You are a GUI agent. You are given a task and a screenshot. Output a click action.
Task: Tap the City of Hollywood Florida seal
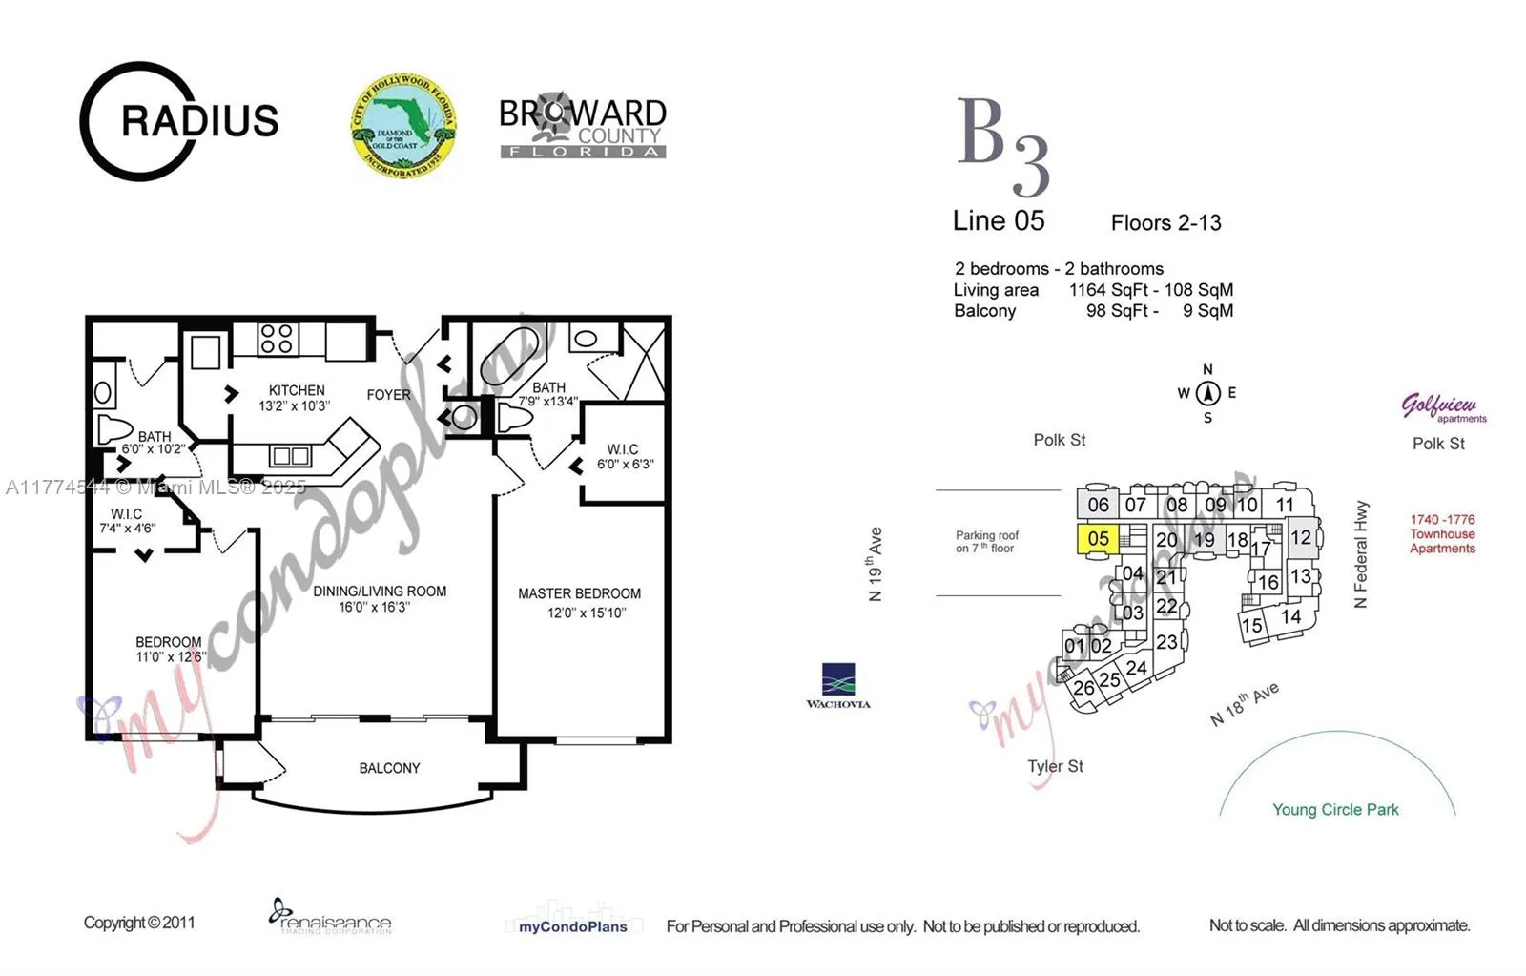point(402,126)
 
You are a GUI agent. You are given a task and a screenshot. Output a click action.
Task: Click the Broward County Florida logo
point(583,126)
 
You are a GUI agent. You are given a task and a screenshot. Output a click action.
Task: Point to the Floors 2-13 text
point(1165,223)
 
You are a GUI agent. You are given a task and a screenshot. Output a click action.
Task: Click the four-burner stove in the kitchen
point(277,339)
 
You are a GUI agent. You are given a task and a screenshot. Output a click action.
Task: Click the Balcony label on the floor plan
point(389,768)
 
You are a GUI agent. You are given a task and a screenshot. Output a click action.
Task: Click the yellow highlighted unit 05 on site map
point(1098,539)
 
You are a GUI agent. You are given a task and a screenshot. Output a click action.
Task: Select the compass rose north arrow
point(1207,392)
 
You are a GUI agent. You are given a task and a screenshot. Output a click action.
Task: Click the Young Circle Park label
point(1335,810)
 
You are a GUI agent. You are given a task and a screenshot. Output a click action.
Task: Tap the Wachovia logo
point(838,685)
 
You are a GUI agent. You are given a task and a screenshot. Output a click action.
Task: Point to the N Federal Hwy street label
point(1361,554)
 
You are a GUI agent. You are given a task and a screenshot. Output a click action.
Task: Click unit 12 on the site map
point(1301,538)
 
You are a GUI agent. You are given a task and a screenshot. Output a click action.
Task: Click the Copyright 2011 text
point(139,923)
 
